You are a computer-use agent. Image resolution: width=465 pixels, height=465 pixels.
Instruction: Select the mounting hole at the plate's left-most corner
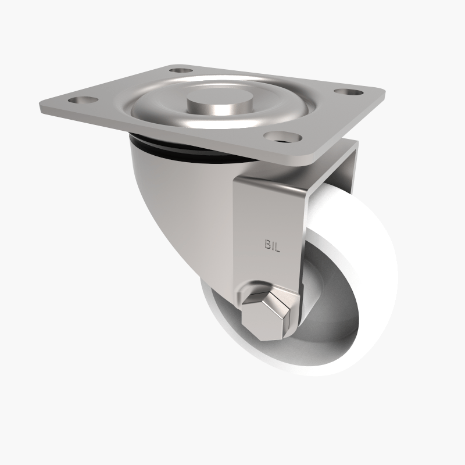(x=76, y=99)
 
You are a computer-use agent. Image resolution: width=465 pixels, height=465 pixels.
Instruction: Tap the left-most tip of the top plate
(x=41, y=108)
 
